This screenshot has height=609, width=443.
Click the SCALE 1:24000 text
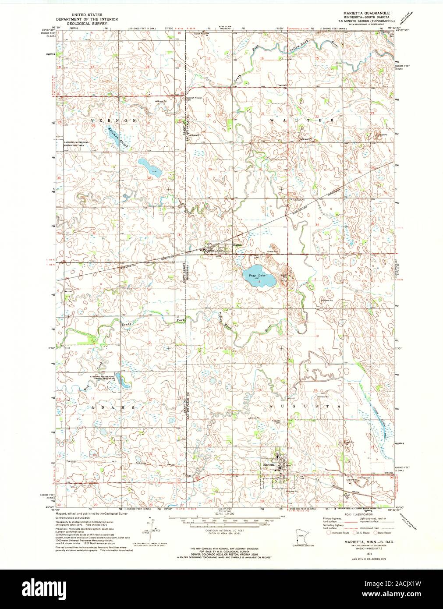point(224,513)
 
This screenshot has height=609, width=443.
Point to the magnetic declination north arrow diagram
point(150,530)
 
